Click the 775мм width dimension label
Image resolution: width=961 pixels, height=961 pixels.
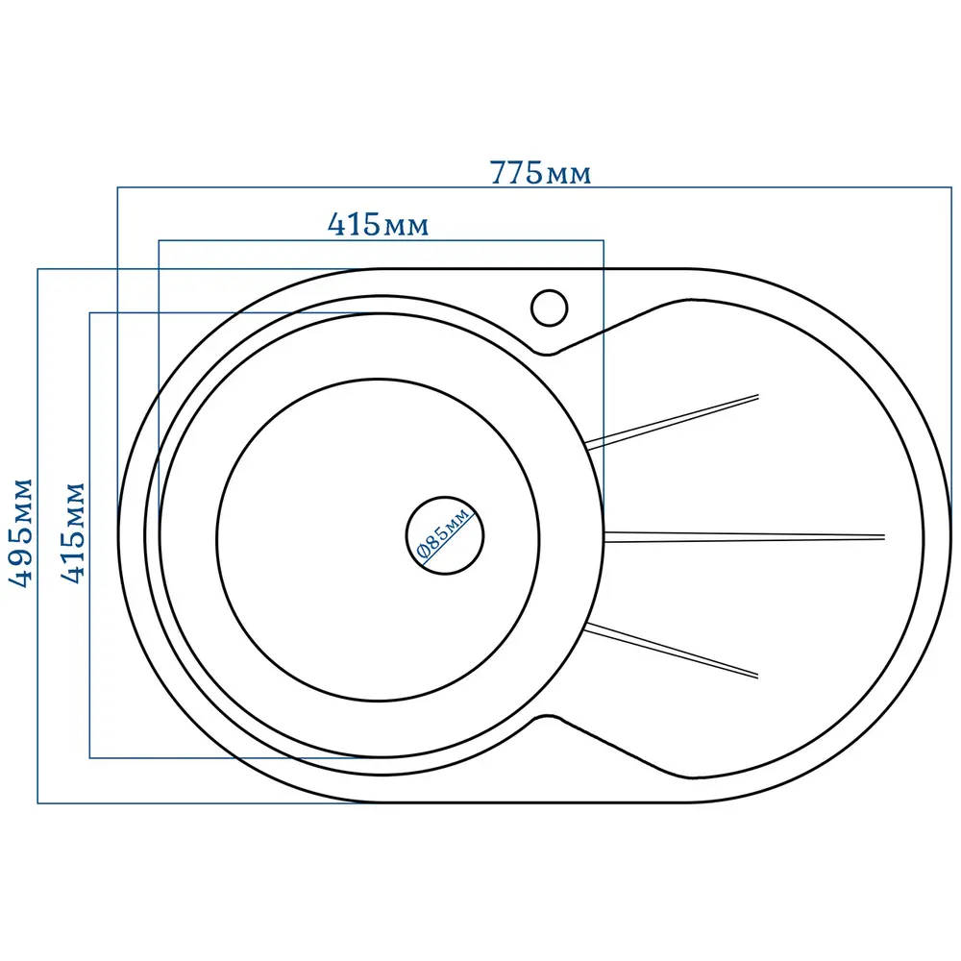pos(540,172)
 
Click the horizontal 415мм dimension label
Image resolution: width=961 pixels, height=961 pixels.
pos(378,224)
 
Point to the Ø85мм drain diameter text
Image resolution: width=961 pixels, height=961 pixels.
pos(443,532)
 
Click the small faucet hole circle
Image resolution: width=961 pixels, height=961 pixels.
pos(549,308)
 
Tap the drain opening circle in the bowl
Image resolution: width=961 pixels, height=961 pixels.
pos(445,535)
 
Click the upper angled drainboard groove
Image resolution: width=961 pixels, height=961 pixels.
pos(673,422)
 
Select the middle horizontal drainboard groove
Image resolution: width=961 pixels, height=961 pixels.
pos(745,537)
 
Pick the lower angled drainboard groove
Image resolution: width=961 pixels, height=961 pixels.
pos(672,651)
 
